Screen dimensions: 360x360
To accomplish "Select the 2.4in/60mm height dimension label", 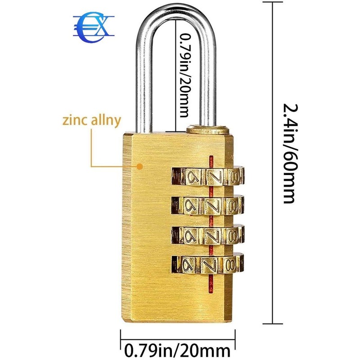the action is pyautogui.click(x=288, y=153).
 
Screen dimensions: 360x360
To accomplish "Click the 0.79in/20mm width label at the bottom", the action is pyautogui.click(x=176, y=349).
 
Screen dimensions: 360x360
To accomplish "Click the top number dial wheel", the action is pyautogui.click(x=207, y=175).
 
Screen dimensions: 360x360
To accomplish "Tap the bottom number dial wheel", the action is pyautogui.click(x=207, y=264).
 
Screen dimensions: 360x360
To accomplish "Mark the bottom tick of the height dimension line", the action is pyautogui.click(x=273, y=323).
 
